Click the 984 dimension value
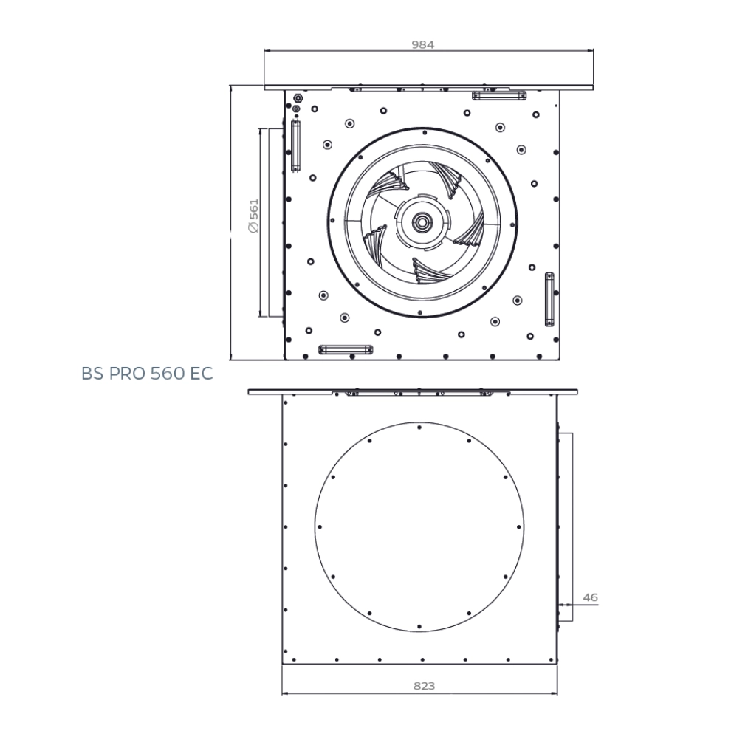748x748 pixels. click(x=422, y=44)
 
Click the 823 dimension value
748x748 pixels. click(x=423, y=686)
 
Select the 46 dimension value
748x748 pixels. click(x=590, y=597)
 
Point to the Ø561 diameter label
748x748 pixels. click(x=253, y=216)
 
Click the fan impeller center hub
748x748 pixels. click(x=422, y=222)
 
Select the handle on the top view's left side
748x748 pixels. click(x=295, y=145)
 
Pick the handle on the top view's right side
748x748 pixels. click(x=549, y=298)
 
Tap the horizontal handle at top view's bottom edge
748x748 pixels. click(x=345, y=349)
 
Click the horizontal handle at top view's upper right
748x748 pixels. click(x=499, y=95)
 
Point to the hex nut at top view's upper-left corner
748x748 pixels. click(x=297, y=97)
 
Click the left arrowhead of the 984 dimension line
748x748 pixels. click(x=267, y=51)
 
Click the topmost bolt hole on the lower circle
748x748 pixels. click(x=419, y=427)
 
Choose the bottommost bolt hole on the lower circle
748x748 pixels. click(x=419, y=627)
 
